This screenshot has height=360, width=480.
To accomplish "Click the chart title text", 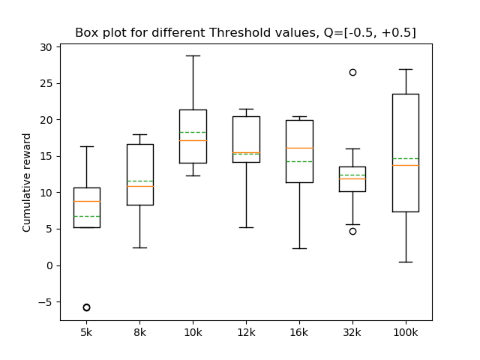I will (x=245, y=33).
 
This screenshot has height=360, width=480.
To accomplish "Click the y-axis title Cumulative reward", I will (x=27, y=182).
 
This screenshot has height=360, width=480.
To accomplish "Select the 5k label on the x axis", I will (x=86, y=332).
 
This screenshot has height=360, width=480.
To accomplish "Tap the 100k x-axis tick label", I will (x=405, y=332).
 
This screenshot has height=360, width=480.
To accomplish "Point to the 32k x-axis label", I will (x=352, y=332).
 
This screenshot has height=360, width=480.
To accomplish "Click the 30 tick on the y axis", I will (x=46, y=47).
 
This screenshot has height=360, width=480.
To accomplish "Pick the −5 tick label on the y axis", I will (x=45, y=302).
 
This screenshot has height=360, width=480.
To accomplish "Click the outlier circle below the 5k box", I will (x=86, y=307).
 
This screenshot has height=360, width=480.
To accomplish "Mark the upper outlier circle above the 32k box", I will (x=352, y=72).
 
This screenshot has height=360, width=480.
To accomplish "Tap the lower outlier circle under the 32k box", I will (x=352, y=231).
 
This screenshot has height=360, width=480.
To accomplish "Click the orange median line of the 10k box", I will (x=193, y=140).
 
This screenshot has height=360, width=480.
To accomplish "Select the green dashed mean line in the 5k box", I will (x=86, y=216).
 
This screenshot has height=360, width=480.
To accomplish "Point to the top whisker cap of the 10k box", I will (x=193, y=55).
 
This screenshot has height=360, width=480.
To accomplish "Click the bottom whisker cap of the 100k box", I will (x=405, y=262).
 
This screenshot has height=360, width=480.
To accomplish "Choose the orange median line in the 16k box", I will (x=299, y=148).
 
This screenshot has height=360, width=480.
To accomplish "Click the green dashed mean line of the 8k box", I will (x=139, y=181).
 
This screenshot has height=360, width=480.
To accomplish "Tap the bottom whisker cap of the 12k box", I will (x=246, y=227).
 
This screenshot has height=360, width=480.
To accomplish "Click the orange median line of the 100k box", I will (x=405, y=165).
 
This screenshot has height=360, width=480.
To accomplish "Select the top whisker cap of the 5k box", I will (x=86, y=146).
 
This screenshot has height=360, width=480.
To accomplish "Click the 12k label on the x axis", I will (x=246, y=332).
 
